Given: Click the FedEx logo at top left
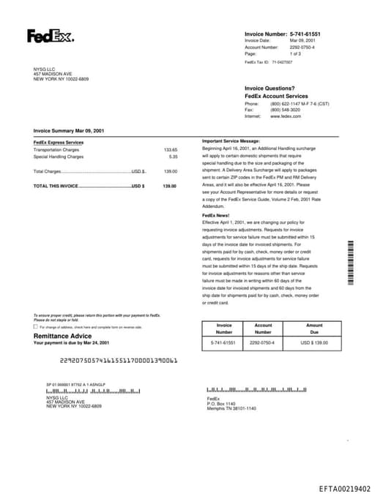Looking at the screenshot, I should [x=50, y=36].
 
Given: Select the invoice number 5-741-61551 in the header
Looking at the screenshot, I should [x=305, y=34].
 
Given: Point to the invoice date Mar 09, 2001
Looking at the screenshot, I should [x=303, y=40].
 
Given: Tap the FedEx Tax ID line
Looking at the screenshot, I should [x=268, y=62].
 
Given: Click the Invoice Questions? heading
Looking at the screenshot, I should [x=270, y=89].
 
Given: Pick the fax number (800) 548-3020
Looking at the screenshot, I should [x=285, y=110].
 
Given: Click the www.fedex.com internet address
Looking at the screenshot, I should [x=286, y=116].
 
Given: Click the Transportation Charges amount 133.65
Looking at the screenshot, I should [x=170, y=149].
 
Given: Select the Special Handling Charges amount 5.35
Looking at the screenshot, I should [x=173, y=157].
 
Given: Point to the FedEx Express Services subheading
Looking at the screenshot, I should [x=59, y=142].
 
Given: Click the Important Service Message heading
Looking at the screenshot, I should [x=231, y=140].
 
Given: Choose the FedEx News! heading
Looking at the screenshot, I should [x=216, y=216].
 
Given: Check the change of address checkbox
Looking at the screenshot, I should [x=36, y=327].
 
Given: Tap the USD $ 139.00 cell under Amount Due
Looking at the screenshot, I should [x=314, y=342].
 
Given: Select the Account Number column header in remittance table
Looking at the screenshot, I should [x=263, y=328].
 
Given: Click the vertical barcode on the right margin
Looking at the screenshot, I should [x=352, y=261].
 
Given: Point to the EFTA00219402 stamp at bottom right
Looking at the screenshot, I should [x=344, y=488].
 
